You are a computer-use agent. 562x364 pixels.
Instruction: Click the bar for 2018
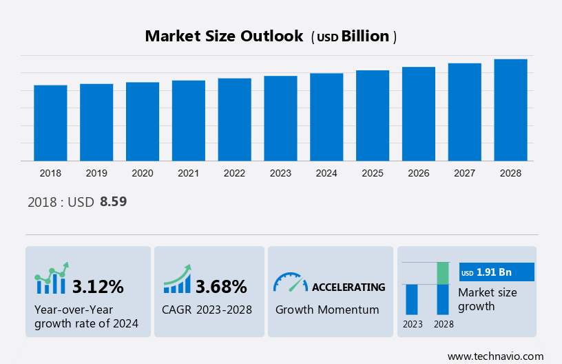(50, 123)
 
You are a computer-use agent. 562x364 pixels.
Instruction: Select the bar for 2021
(189, 121)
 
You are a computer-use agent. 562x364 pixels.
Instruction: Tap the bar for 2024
(326, 117)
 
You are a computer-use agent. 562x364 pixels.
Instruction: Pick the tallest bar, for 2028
(510, 110)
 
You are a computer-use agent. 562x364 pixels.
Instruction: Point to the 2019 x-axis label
(96, 173)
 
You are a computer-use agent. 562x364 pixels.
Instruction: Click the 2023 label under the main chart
(280, 173)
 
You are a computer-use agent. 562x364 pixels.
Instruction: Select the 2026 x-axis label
(418, 173)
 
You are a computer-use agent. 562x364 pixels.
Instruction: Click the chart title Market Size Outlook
(224, 37)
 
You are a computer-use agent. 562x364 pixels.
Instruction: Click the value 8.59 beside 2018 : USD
(114, 202)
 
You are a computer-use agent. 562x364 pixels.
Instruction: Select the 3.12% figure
(98, 286)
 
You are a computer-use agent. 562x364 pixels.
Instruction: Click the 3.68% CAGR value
(221, 286)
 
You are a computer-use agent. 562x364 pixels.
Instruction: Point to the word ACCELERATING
(348, 287)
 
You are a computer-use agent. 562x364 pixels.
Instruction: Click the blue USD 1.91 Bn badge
(496, 272)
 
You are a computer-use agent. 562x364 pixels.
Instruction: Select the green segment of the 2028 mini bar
(443, 273)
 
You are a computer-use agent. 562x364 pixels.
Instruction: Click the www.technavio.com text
(496, 356)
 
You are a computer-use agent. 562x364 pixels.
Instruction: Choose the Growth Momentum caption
(327, 310)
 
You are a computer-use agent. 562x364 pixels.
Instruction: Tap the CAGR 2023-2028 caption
(207, 310)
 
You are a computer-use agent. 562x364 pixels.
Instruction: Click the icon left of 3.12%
(52, 279)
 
